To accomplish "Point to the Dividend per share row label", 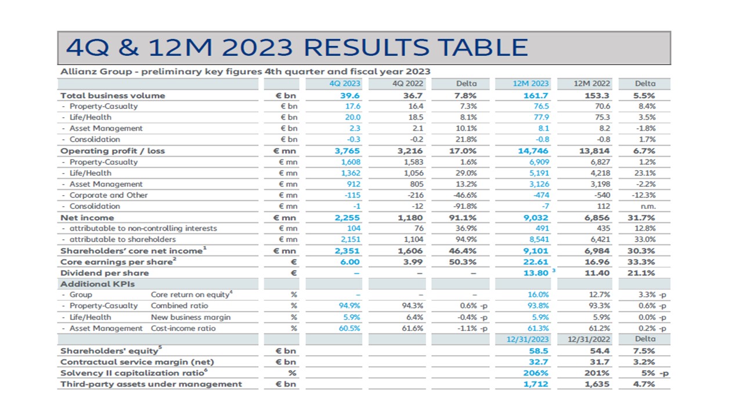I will [x=104, y=273].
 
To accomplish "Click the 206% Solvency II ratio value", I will [x=536, y=373].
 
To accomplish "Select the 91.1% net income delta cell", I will [x=464, y=218].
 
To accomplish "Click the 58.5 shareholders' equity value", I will [x=539, y=351].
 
